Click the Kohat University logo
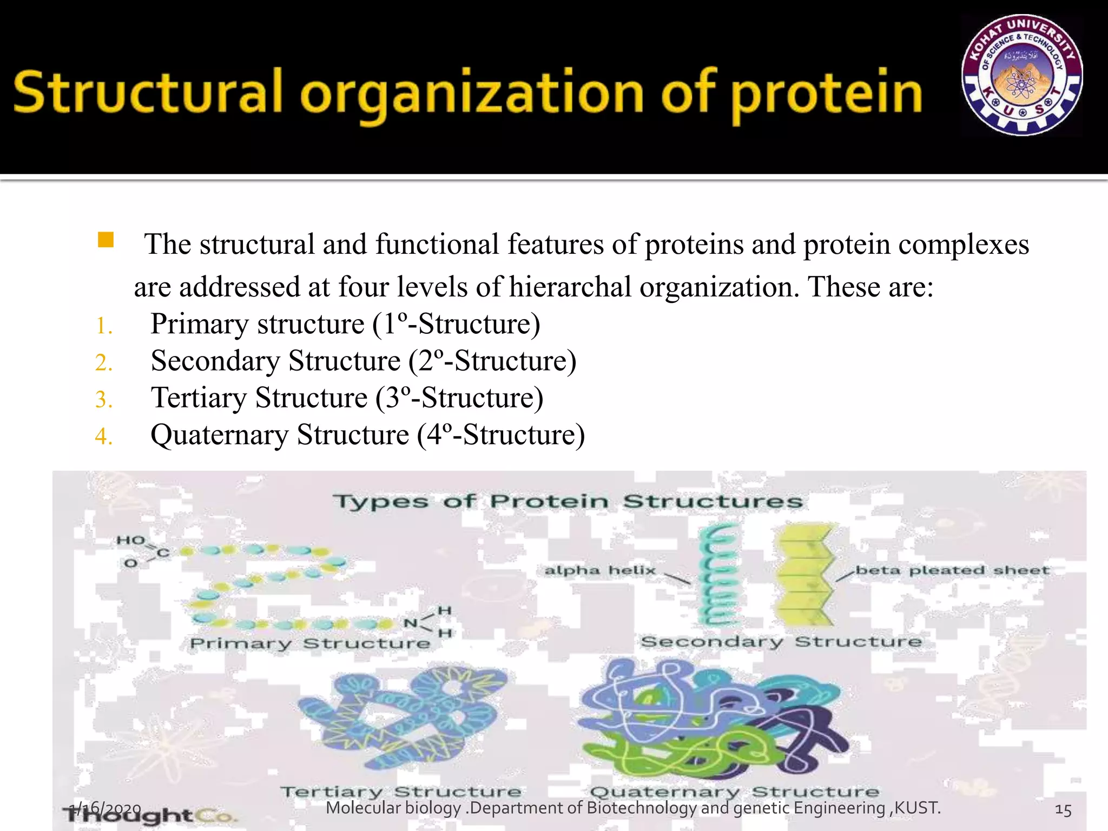[x=1021, y=75]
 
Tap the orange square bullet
[x=105, y=240]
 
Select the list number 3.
[x=103, y=400]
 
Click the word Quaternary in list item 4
[x=219, y=435]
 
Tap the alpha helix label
[x=599, y=570]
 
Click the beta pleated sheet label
[x=952, y=570]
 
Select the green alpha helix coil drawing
[x=717, y=576]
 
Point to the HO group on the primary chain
[x=130, y=540]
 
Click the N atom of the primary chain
[x=411, y=623]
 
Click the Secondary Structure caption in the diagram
[x=781, y=642]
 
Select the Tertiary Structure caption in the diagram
[x=401, y=792]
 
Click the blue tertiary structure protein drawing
[x=403, y=717]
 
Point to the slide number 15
[x=1063, y=810]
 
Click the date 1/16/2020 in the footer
[x=106, y=808]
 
